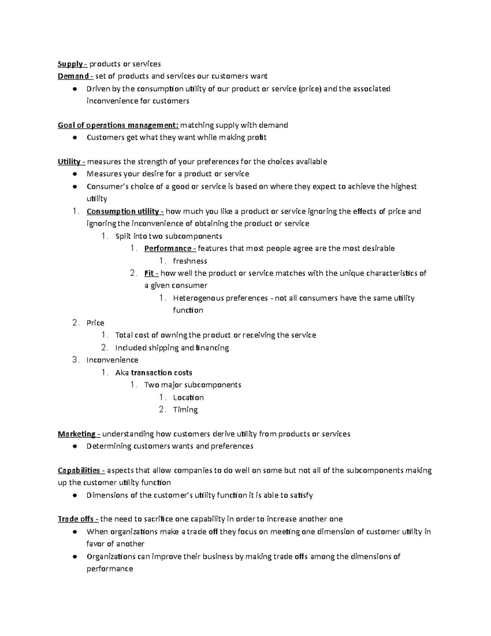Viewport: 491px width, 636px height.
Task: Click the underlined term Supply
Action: click(x=70, y=64)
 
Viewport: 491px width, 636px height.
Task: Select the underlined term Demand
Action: click(x=73, y=76)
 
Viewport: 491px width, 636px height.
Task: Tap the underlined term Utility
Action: click(x=69, y=162)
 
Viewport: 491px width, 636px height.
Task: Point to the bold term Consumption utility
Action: click(x=123, y=212)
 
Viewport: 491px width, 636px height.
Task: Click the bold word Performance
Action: click(x=168, y=249)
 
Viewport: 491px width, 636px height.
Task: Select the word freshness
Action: click(x=190, y=261)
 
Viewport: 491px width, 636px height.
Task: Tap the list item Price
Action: click(x=95, y=323)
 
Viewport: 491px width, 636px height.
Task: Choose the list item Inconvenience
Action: click(x=113, y=360)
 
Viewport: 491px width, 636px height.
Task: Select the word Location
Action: click(x=188, y=398)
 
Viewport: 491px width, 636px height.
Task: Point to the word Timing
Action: click(x=185, y=410)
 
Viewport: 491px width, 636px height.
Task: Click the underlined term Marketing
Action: click(x=77, y=434)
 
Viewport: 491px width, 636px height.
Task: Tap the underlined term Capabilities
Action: click(x=79, y=471)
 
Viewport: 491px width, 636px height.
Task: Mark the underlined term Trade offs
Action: click(x=76, y=519)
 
